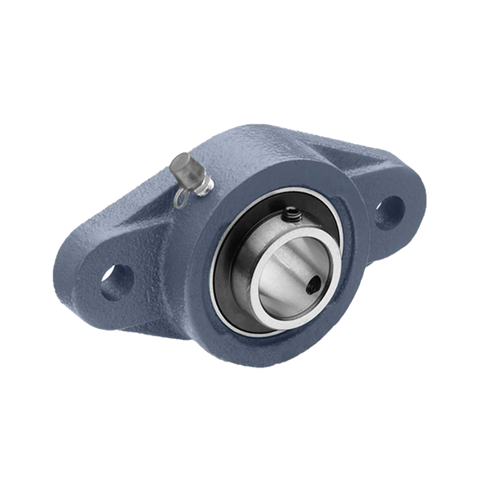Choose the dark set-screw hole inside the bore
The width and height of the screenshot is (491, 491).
point(316,286)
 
